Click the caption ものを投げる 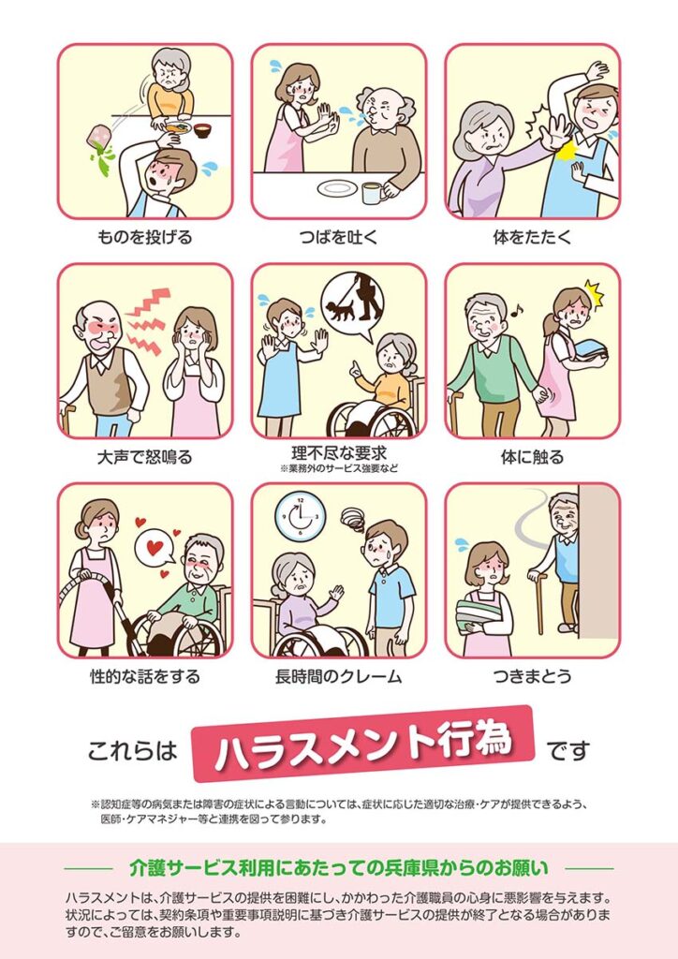(x=144, y=237)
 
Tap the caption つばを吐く (x=339, y=237)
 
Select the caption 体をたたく (x=532, y=237)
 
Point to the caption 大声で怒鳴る (x=144, y=457)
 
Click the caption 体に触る (x=532, y=457)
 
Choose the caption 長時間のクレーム (x=338, y=676)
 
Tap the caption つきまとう (x=532, y=676)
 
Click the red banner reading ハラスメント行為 (x=363, y=744)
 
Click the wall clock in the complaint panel (x=300, y=517)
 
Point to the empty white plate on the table (x=337, y=188)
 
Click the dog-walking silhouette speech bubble (x=353, y=305)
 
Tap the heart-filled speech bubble (x=155, y=547)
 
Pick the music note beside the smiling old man (x=517, y=311)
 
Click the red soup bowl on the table (x=203, y=129)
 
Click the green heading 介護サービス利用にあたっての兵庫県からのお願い (x=339, y=868)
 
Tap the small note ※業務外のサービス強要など (x=339, y=469)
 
